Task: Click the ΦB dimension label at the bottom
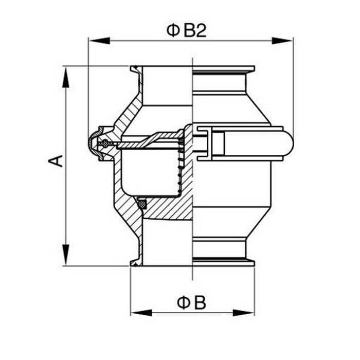[191, 303]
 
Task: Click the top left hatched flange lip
[136, 70]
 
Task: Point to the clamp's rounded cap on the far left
[92, 143]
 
